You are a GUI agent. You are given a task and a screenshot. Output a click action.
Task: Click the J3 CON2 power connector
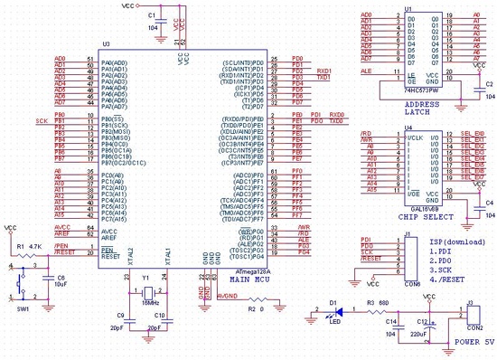click(x=472, y=315)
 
